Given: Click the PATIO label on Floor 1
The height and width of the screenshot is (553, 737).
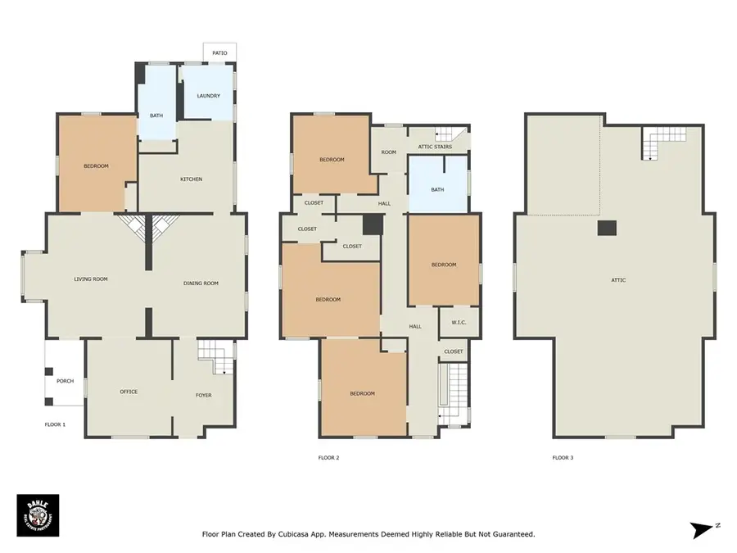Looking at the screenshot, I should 219,52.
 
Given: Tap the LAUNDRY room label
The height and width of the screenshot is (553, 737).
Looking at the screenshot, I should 208,96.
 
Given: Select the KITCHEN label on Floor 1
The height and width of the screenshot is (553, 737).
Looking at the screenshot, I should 191,179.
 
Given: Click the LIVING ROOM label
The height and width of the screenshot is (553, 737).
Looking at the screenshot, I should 91,279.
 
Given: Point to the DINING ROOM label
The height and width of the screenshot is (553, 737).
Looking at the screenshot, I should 201,283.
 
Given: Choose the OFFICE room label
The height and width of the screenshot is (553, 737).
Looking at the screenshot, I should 129,392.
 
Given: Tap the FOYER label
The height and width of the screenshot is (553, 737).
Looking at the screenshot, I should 203,395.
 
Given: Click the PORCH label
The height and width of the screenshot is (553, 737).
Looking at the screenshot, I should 65,381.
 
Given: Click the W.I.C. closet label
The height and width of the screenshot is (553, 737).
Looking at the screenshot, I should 458,322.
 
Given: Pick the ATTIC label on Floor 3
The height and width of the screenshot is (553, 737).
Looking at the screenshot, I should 618,280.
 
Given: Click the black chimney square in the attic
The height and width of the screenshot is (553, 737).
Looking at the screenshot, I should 607,229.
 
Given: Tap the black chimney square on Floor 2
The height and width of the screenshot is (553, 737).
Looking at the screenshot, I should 373,224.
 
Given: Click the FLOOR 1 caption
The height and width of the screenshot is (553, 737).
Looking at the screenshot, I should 55,424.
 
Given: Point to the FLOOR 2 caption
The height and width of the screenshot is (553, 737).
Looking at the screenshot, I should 328,457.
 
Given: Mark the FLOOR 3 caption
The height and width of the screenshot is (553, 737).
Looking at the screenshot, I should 563,457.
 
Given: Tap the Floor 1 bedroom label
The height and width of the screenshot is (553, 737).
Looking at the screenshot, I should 96,166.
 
